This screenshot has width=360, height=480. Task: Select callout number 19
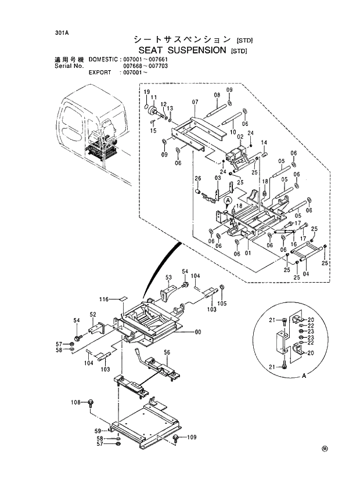coord(147,92)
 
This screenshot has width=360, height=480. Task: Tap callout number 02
coord(239,136)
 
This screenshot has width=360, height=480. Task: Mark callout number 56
coord(167,352)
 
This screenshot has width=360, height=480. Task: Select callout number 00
coord(198,332)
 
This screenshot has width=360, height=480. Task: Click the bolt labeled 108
coord(91,402)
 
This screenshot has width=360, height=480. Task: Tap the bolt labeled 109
coord(177,438)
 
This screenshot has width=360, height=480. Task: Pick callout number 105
coord(222,303)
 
